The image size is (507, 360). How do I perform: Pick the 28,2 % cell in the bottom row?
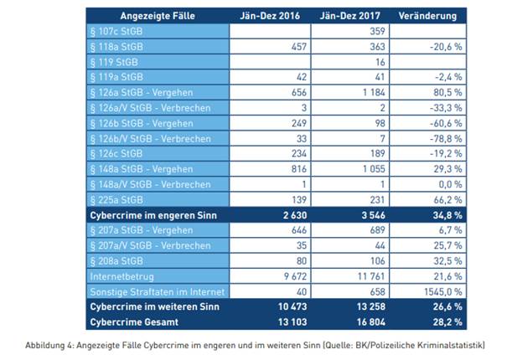click(x=442, y=321)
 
